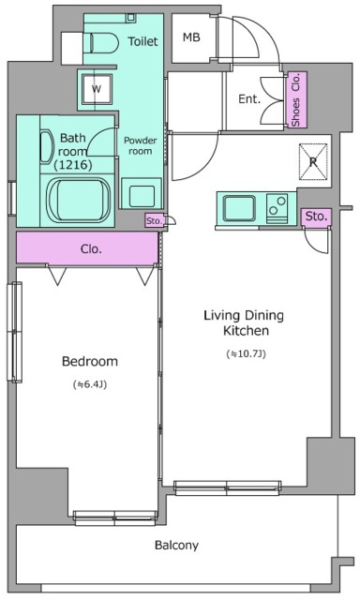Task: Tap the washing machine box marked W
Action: point(97,89)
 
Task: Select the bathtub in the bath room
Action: point(78,200)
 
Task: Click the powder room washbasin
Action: point(142,193)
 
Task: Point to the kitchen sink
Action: point(239,208)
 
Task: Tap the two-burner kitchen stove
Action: point(277,209)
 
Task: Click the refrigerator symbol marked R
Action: point(313,161)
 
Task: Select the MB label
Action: point(191,37)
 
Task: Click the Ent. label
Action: point(249,99)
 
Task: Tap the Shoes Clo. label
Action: point(295,99)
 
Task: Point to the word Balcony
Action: point(177,546)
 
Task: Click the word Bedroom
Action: point(90,361)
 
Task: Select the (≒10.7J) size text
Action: point(247,354)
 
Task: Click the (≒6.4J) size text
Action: point(89,384)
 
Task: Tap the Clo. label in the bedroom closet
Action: point(92,249)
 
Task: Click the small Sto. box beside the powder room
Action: point(155,221)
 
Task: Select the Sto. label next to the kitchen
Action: point(316,217)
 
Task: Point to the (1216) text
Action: point(73,165)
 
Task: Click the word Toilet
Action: point(142,41)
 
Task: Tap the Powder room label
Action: point(141,146)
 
